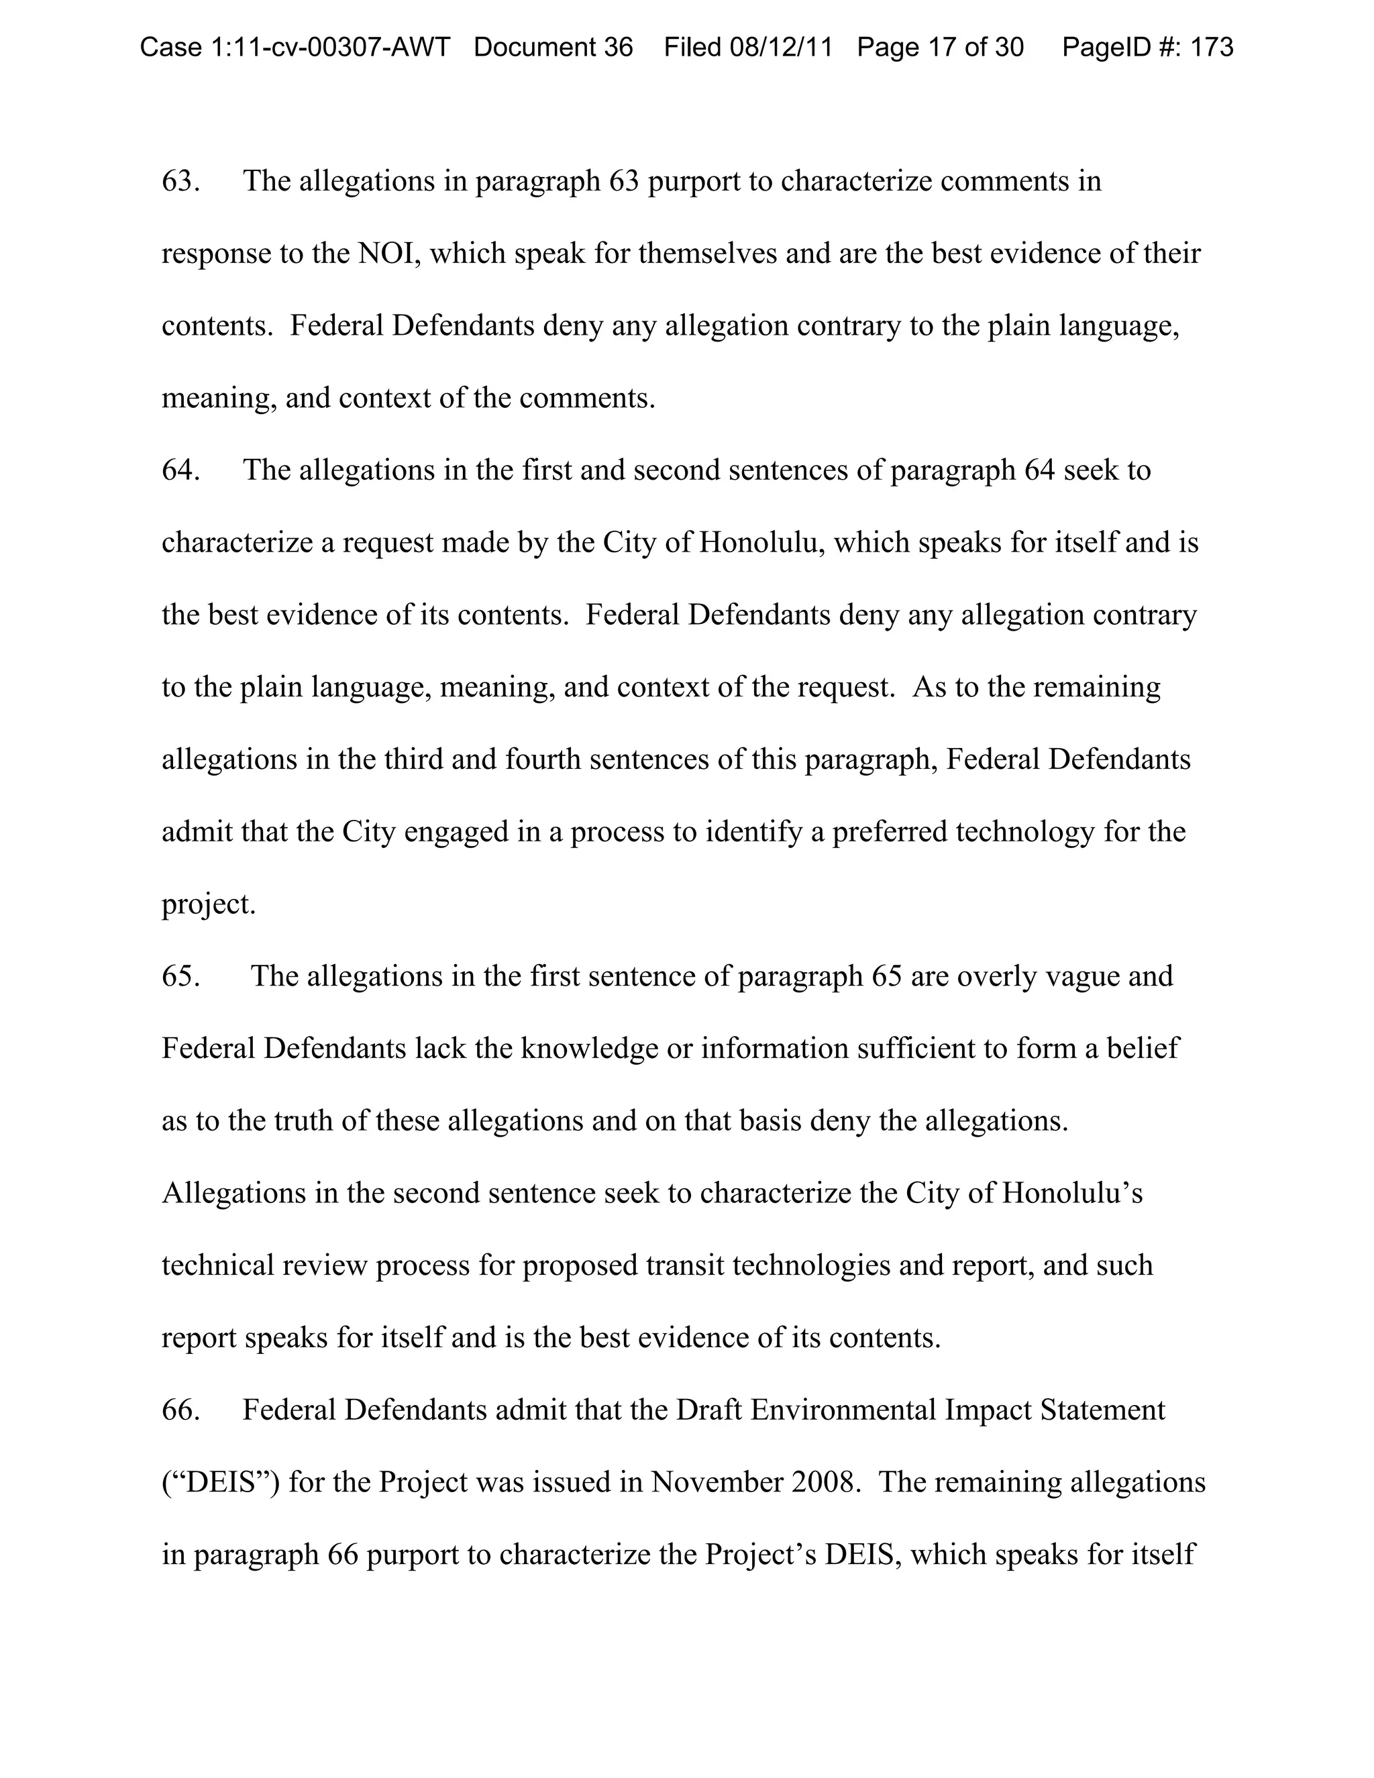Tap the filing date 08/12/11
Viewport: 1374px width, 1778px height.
(781, 47)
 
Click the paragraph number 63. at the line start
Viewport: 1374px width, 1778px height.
(180, 180)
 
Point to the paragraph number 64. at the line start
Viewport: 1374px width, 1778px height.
(180, 470)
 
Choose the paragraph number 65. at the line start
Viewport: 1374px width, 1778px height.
(180, 976)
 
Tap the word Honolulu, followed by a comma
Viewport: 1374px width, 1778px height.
(762, 543)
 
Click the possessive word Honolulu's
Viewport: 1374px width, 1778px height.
(1072, 1194)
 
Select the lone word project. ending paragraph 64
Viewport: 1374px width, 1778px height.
(209, 904)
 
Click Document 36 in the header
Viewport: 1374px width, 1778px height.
(553, 47)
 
